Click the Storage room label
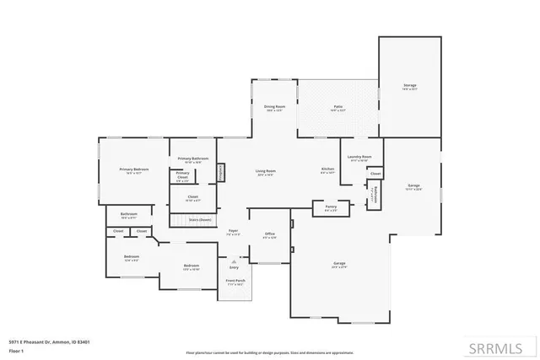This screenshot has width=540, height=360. click(x=409, y=86)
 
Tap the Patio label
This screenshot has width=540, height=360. click(x=337, y=108)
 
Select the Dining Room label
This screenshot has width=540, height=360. click(x=275, y=108)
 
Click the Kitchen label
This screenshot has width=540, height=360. click(x=327, y=170)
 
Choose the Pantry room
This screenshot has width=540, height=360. click(x=331, y=207)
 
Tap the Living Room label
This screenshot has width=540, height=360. click(x=266, y=172)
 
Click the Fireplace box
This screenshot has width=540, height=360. click(x=222, y=172)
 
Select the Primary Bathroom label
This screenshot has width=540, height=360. click(x=193, y=159)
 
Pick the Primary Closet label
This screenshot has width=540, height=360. click(x=183, y=175)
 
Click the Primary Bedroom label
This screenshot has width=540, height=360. click(x=133, y=170)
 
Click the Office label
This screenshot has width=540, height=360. click(x=270, y=235)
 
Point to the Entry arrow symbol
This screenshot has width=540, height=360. click(x=234, y=262)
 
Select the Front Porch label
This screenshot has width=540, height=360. click(x=235, y=282)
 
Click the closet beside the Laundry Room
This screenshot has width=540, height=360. click(x=375, y=174)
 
